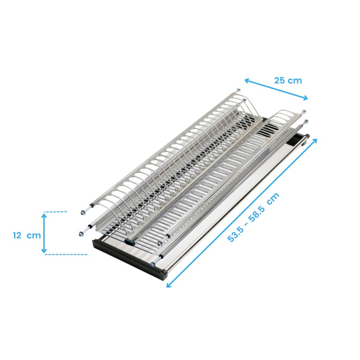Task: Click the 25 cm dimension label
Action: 288,81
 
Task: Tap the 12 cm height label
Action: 27,235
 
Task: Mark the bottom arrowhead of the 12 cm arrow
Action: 44,250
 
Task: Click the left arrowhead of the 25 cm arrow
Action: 247,81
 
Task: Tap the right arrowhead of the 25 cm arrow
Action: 305,98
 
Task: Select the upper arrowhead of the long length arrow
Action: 315,141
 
